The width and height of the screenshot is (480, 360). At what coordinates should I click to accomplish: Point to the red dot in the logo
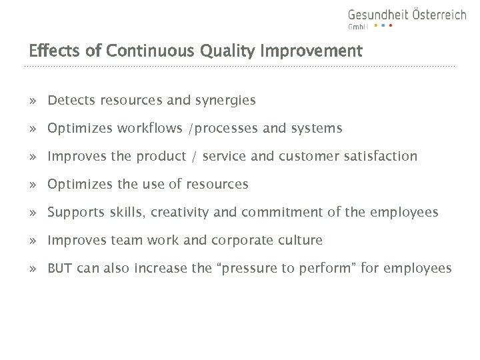[391, 26]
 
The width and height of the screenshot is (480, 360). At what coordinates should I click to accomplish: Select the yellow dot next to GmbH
[375, 26]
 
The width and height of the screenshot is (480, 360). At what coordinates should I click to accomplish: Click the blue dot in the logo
[383, 26]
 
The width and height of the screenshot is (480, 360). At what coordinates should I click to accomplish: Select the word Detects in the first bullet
[71, 101]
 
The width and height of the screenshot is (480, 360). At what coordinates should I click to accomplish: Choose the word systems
[317, 128]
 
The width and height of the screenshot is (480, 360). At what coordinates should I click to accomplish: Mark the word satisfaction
[379, 156]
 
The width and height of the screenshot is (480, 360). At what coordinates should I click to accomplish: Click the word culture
[299, 240]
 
